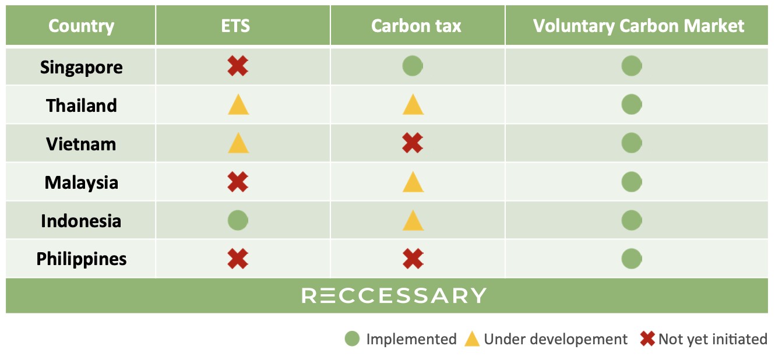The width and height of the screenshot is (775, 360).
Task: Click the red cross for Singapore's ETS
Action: (238, 66)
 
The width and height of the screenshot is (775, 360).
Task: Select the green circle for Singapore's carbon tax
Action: (413, 66)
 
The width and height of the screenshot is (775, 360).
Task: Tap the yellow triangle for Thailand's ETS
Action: (238, 105)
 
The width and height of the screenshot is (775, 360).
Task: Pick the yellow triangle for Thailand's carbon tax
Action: (413, 105)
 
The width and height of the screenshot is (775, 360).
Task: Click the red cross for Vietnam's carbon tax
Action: (413, 143)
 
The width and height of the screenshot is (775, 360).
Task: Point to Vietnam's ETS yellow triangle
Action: (238, 143)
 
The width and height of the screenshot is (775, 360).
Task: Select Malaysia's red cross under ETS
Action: (238, 182)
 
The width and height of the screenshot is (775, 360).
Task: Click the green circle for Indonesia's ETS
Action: (238, 220)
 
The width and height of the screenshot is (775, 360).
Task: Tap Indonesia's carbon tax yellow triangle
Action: (413, 221)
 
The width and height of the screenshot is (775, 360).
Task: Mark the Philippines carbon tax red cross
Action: (413, 259)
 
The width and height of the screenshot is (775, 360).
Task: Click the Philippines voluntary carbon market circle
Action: (632, 259)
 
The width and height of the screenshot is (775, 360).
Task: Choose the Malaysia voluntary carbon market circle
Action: (632, 182)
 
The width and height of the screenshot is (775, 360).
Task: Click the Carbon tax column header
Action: (416, 26)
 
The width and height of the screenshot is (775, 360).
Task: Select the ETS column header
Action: (235, 26)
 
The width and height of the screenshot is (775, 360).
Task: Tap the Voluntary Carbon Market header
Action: (639, 26)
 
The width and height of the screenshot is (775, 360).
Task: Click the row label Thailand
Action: (82, 105)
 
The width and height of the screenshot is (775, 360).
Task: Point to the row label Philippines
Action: (82, 259)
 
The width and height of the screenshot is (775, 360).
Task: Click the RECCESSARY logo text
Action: (394, 296)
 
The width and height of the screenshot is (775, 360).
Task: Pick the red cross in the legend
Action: (647, 339)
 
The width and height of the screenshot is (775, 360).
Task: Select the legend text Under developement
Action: (556, 339)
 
